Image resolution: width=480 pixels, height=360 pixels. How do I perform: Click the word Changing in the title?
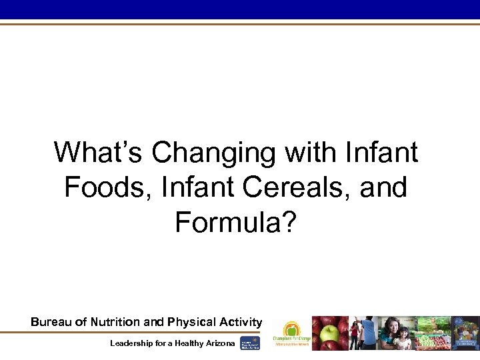pyautogui.click(x=213, y=153)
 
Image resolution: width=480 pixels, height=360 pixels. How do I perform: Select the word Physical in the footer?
pyautogui.click(x=195, y=322)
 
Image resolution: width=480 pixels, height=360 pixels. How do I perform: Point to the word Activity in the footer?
pyautogui.click(x=242, y=322)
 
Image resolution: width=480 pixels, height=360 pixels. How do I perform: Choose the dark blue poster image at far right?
pyautogui.click(x=466, y=333)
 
